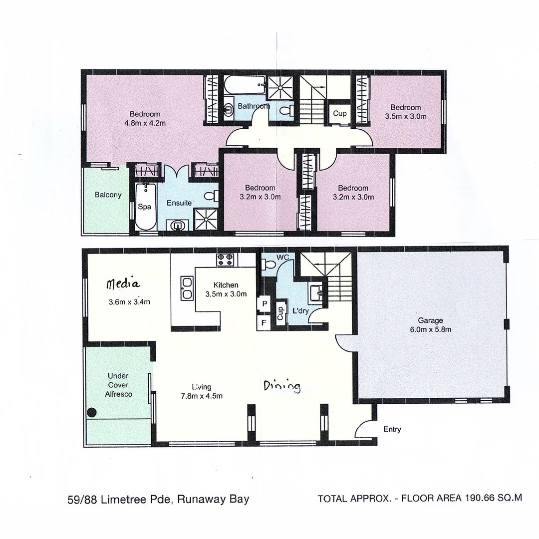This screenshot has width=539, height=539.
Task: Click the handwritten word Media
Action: [x=123, y=284]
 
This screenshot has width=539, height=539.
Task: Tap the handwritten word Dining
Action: [x=281, y=386]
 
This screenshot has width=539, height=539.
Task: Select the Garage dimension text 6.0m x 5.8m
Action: [x=431, y=329]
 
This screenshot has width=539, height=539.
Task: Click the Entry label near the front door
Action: [x=392, y=429]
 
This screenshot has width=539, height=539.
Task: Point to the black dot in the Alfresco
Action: [x=92, y=413]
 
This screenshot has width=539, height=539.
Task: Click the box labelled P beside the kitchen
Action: [x=263, y=304]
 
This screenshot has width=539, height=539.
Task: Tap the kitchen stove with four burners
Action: [x=225, y=259]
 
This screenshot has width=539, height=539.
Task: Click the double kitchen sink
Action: [x=188, y=287]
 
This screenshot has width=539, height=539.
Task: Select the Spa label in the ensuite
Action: [x=145, y=206]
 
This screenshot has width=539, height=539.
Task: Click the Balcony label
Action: [x=108, y=195]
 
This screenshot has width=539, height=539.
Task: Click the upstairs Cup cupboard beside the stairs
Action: [x=339, y=114]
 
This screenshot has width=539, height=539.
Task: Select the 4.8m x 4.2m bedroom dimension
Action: [x=145, y=123]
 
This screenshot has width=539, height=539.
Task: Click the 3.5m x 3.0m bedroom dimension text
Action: [x=405, y=117]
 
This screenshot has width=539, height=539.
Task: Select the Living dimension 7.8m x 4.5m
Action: [x=202, y=396]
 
